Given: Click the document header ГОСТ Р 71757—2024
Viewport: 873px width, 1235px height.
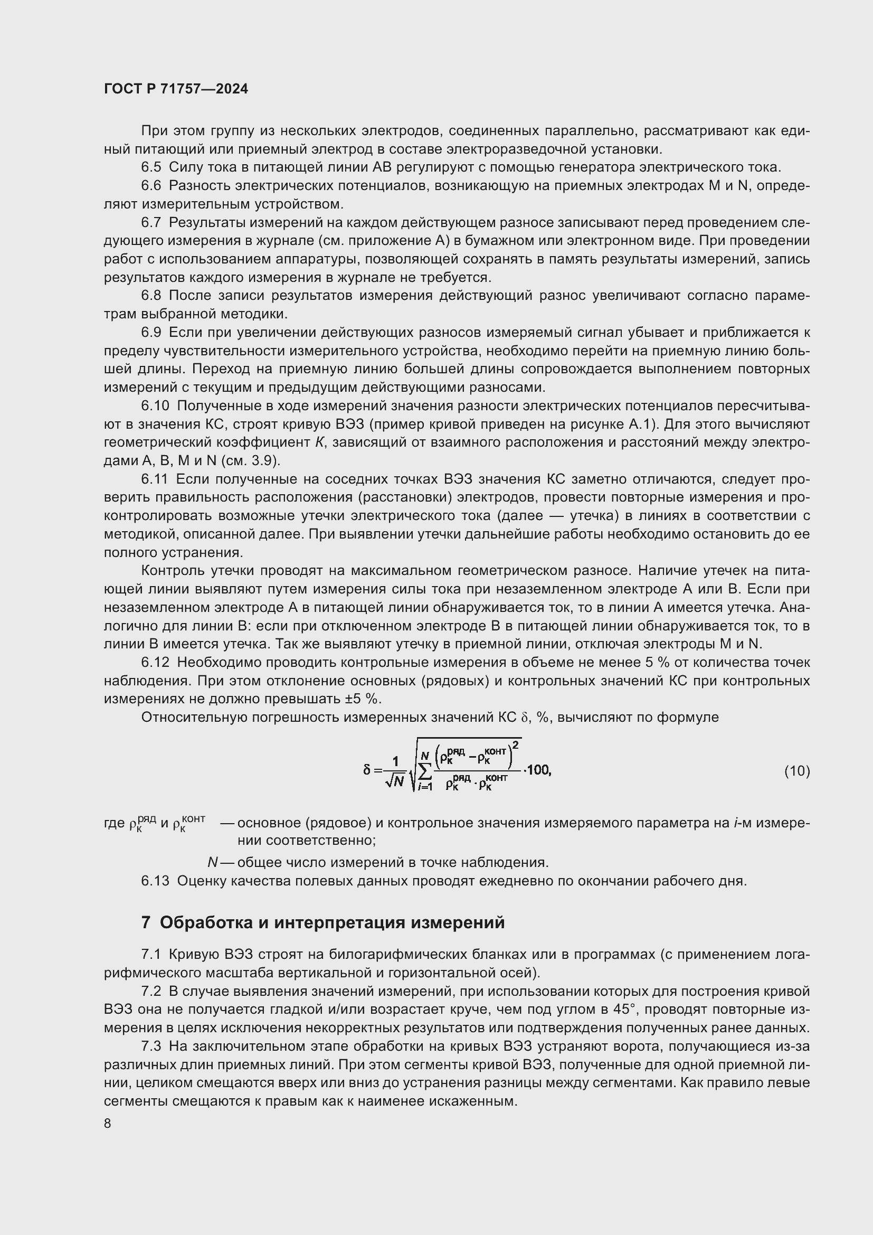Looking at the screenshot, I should coord(176,89).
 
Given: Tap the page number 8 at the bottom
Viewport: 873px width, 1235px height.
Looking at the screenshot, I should coord(108,1123).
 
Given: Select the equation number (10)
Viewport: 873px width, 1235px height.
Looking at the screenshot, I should coord(796,771).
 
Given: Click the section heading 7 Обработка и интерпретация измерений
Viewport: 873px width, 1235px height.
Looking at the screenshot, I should coord(322,922).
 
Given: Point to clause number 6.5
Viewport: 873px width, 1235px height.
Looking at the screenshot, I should coord(151,168).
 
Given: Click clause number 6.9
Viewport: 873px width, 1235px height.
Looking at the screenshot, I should coord(151,333).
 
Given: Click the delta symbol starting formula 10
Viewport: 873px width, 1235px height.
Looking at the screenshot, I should coord(367,770).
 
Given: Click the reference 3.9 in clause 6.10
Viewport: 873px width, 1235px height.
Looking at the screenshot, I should coord(264,461).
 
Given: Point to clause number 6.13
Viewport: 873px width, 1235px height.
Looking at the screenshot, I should coord(155,881).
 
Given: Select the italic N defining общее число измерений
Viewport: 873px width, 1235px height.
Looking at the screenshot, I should coord(212,863).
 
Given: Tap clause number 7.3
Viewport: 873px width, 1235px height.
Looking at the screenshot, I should coord(151,1046).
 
